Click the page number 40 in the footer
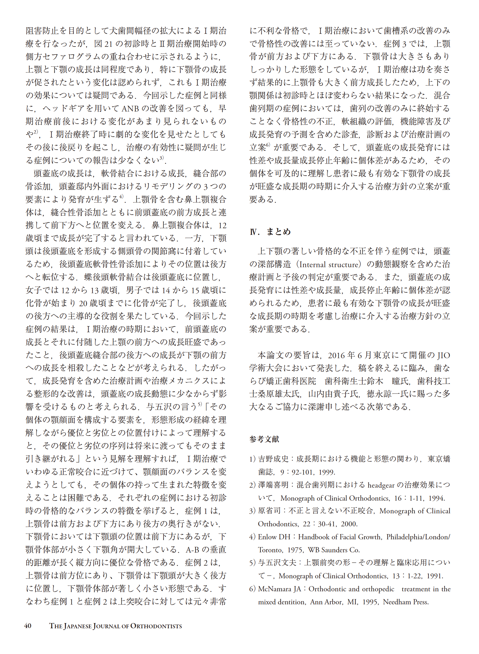point(27,626)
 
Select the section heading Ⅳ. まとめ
point(270,232)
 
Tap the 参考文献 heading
point(264,439)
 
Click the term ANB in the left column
point(130,109)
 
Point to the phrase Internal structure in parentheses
point(329,264)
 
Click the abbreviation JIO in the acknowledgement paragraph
point(444,355)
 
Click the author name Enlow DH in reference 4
point(274,537)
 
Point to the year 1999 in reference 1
point(327,472)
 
